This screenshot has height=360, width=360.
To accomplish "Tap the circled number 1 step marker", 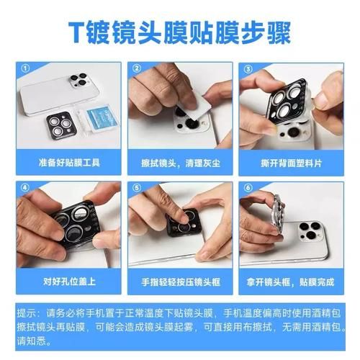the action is pyautogui.click(x=25, y=68).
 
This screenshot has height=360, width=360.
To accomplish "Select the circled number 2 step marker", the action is pyautogui.click(x=137, y=68).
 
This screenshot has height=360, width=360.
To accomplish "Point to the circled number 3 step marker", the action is pyautogui.click(x=248, y=69).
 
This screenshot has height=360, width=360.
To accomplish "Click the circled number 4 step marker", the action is pyautogui.click(x=24, y=188).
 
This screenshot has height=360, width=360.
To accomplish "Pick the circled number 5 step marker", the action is pyautogui.click(x=137, y=188).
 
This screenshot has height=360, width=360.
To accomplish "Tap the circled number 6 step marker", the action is pyautogui.click(x=248, y=188).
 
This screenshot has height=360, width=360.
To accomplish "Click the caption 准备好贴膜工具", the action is pyautogui.click(x=69, y=163).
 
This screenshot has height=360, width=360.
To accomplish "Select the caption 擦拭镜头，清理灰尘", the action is pyautogui.click(x=181, y=163).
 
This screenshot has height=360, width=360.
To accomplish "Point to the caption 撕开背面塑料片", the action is pyautogui.click(x=291, y=163).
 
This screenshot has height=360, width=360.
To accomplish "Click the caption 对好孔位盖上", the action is pyautogui.click(x=69, y=282).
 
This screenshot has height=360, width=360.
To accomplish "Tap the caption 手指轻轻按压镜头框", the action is pyautogui.click(x=181, y=282).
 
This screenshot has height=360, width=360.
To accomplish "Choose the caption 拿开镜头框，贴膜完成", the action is pyautogui.click(x=290, y=282).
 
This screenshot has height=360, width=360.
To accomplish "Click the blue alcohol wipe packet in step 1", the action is pyautogui.click(x=102, y=118).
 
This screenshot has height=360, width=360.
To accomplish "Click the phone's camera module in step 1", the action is pyautogui.click(x=79, y=81).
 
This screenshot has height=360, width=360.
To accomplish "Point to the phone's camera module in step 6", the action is pyautogui.click(x=310, y=232).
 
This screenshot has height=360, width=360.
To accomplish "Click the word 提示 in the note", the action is pyautogui.click(x=27, y=313).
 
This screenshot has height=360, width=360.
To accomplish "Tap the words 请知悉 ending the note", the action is pyautogui.click(x=32, y=341).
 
